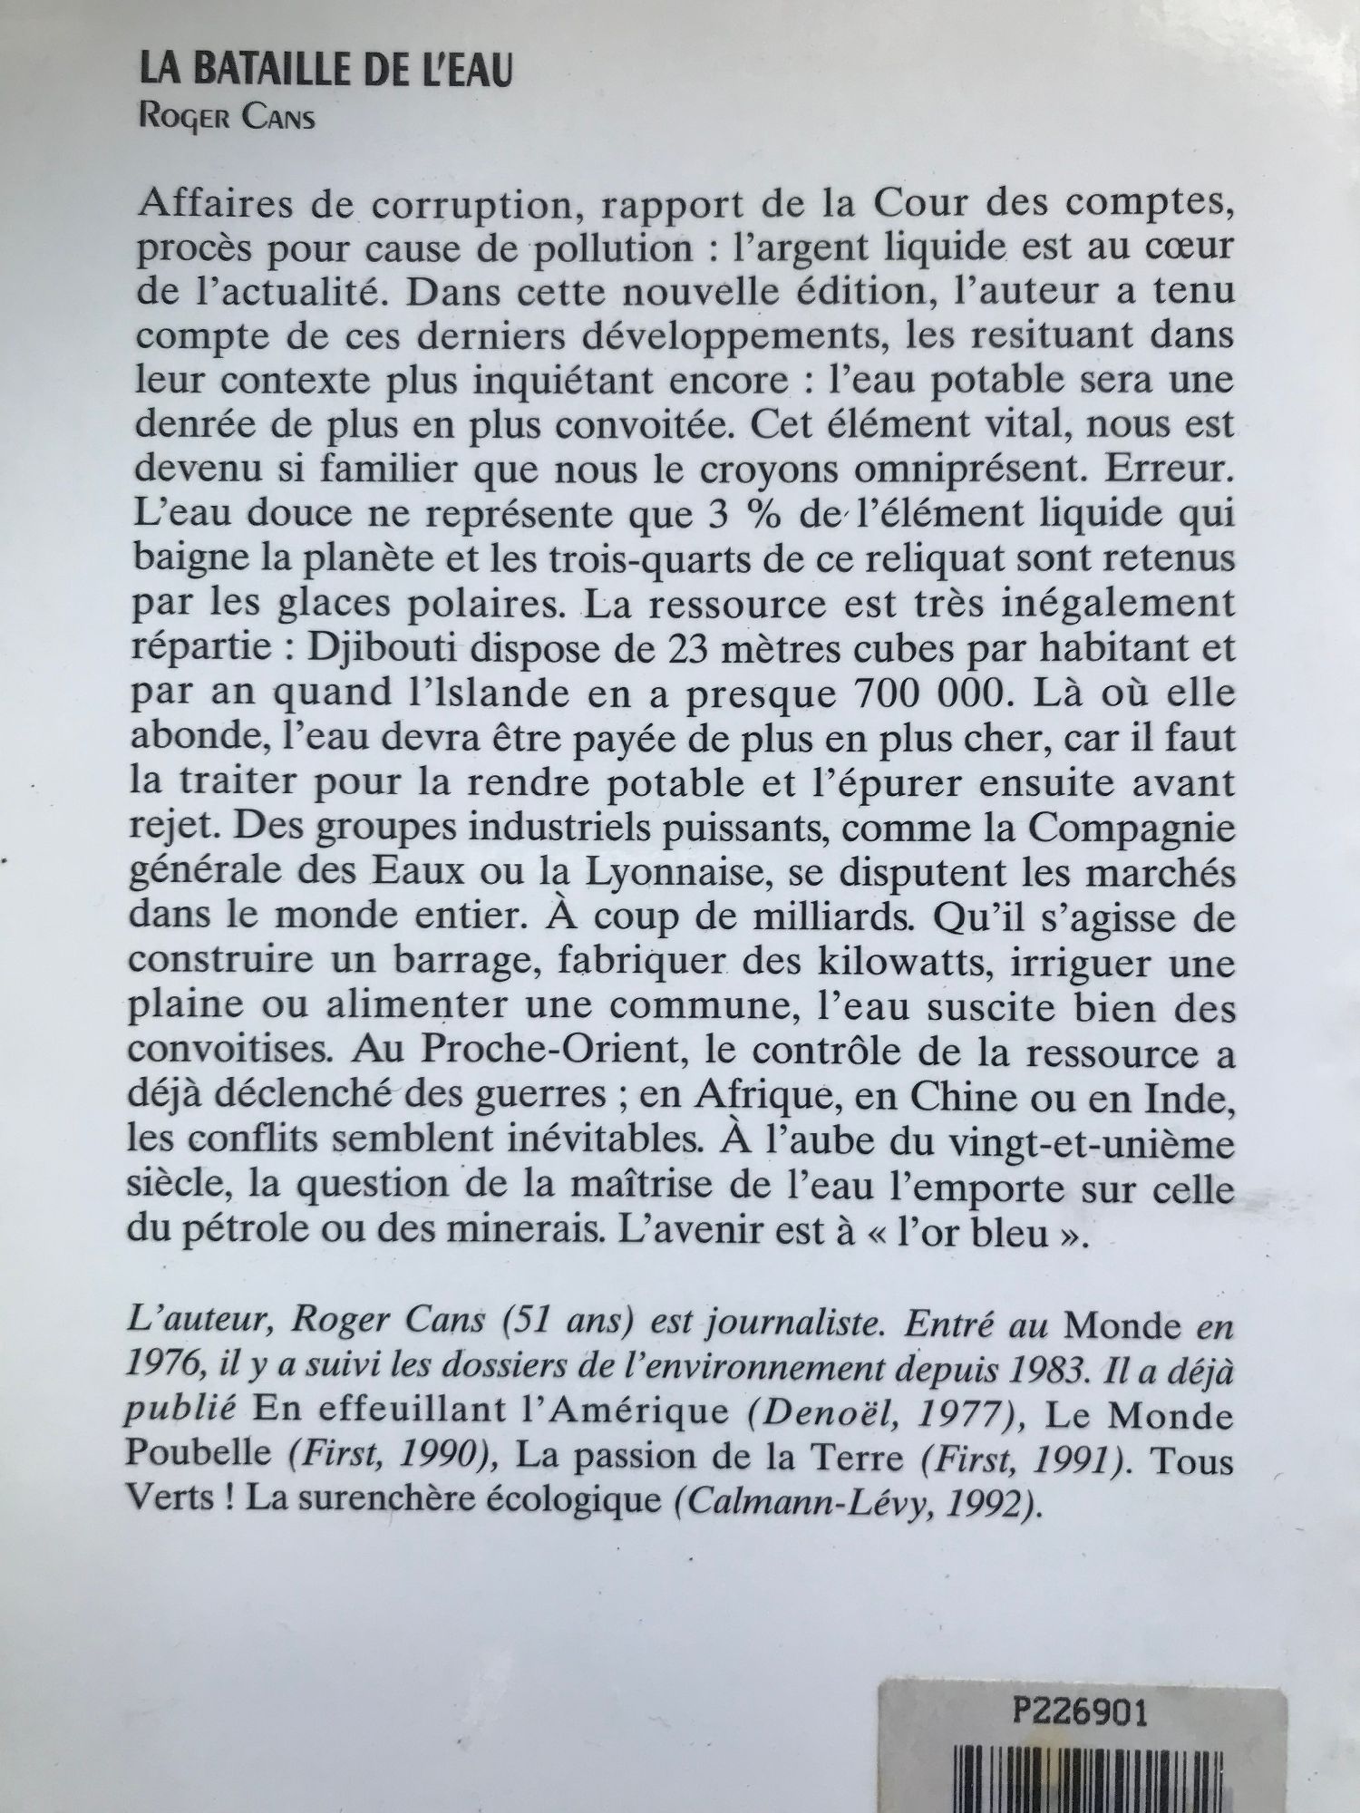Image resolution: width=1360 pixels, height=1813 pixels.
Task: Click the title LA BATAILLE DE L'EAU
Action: pos(325,72)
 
